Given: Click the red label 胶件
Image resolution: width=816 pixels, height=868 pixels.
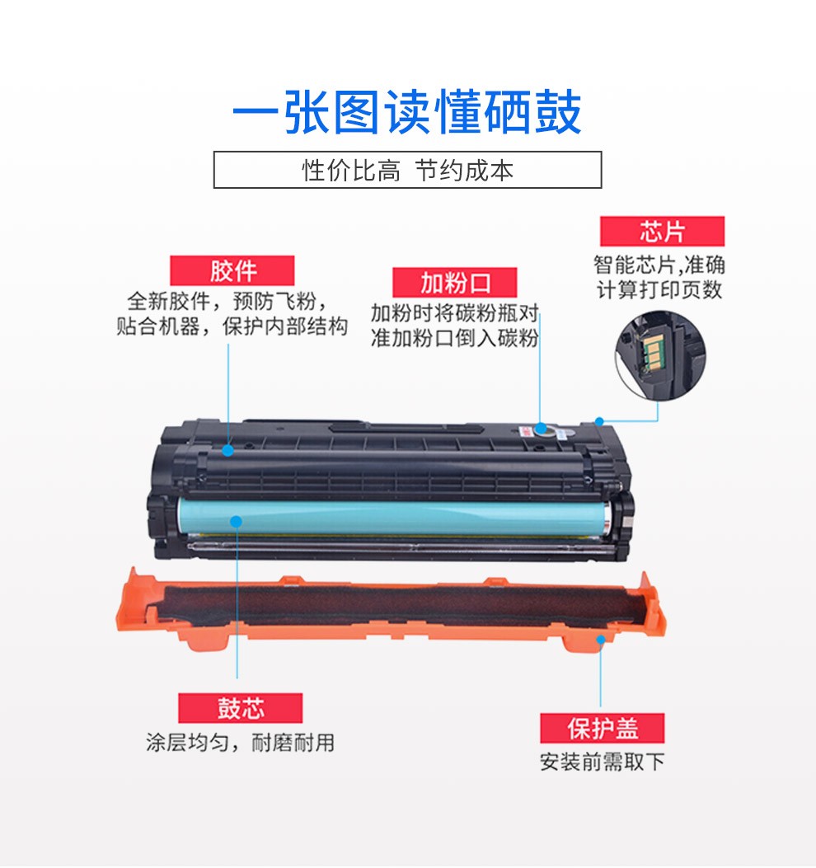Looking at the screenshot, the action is pos(232,270).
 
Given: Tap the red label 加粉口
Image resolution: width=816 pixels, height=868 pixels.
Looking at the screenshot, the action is pos(454,283).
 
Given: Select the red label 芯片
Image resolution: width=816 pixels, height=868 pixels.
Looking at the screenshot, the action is pos(662,231).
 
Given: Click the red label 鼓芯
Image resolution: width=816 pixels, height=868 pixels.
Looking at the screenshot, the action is pos(240,708).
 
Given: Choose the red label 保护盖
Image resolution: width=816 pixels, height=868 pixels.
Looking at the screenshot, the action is pos(603,728).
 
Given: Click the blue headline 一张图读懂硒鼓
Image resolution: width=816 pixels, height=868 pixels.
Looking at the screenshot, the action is pos(407,112).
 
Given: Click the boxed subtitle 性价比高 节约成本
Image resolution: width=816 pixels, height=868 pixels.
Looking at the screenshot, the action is pos(407,170).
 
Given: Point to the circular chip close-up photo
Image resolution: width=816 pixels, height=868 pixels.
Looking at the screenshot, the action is pos(660,355).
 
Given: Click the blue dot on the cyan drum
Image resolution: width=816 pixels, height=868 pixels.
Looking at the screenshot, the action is pos(237,522).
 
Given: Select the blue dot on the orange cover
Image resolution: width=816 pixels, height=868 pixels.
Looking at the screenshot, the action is pos(601,640).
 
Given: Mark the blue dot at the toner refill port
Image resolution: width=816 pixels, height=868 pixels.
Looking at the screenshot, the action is pos(541,429).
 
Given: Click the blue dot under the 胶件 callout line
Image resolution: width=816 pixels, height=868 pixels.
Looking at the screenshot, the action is pos(227,451).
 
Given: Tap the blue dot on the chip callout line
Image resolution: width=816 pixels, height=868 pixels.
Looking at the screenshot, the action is pos(599,422).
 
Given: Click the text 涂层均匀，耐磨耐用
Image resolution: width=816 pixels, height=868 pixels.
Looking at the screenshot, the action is pos(240,743).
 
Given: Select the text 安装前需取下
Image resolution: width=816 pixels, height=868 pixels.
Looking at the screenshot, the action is pos(603,762).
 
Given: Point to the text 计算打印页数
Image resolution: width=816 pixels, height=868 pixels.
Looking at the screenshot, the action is pos(659,290).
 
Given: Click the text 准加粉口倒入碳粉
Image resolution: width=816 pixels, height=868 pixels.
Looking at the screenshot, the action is pos(454,338).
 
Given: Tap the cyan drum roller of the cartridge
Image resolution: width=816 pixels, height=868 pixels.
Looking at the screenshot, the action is pos(394,517).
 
